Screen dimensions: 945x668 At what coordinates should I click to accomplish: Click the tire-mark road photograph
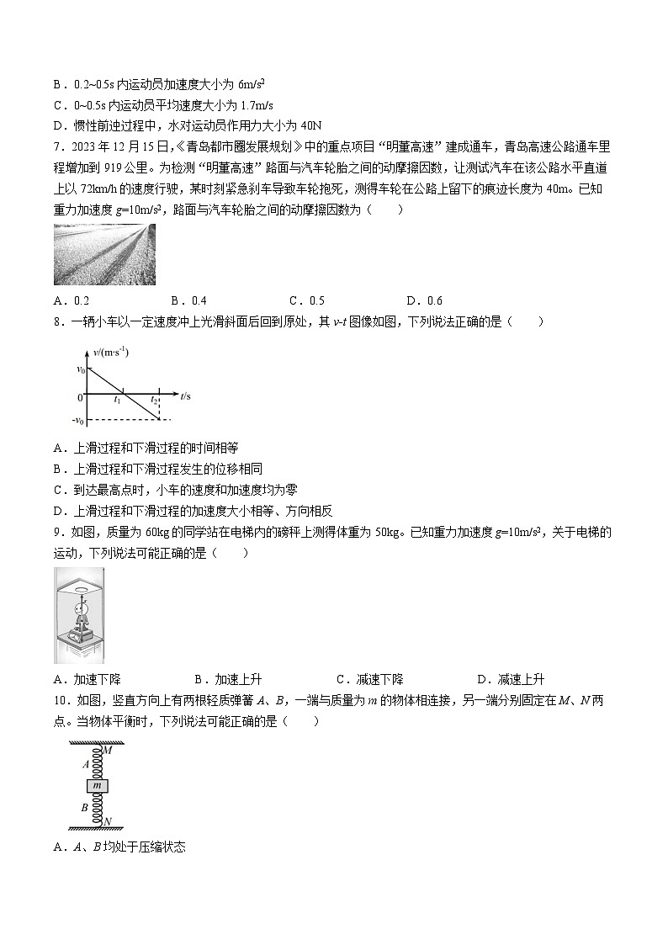point(103,254)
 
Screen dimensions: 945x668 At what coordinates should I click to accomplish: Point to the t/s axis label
point(186,393)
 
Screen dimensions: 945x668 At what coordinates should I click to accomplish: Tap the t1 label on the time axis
point(118,401)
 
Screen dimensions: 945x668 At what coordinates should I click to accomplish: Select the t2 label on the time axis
point(155,401)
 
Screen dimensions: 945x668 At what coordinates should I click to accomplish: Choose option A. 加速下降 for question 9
point(87,680)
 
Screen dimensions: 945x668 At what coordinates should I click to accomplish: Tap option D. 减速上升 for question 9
point(511,680)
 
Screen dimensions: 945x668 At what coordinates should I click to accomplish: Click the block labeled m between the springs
point(98,785)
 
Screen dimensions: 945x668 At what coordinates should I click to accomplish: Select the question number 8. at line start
point(58,321)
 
